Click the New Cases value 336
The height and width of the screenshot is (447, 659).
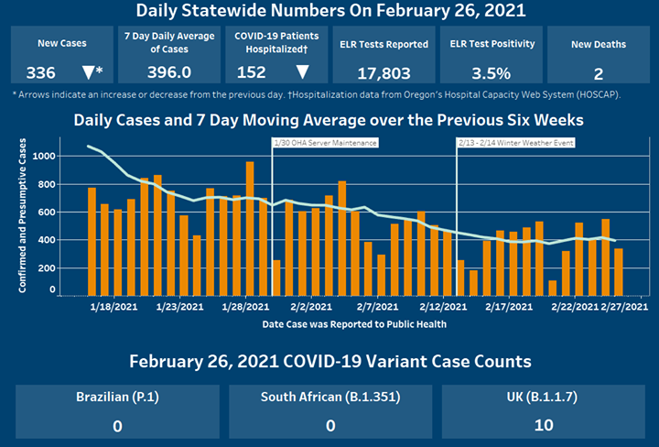(x=40, y=72)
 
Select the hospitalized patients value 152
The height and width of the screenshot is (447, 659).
(x=251, y=72)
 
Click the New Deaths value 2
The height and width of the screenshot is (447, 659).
(x=598, y=72)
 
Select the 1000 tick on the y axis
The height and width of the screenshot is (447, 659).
(x=43, y=157)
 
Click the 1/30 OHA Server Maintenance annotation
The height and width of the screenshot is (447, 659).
(x=326, y=143)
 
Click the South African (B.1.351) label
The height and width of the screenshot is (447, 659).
(x=330, y=398)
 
